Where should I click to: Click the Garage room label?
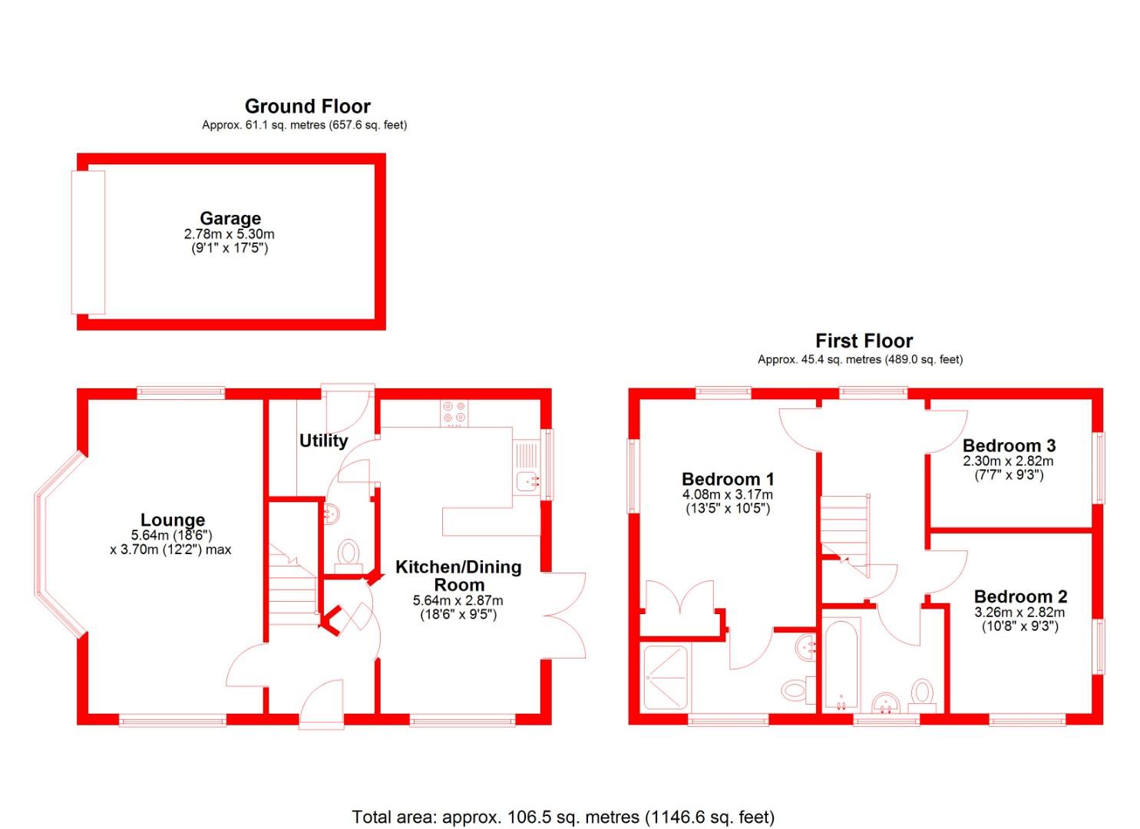click(230, 219)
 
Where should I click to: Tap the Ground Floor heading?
click(307, 107)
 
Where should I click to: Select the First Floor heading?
click(864, 341)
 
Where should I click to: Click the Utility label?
click(323, 441)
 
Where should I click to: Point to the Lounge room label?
click(173, 520)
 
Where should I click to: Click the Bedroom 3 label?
click(1009, 445)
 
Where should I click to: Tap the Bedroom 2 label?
click(1020, 596)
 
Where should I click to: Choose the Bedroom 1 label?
click(728, 480)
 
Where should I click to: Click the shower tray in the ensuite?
click(666, 678)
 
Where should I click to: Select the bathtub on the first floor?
click(841, 665)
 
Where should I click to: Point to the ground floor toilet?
click(348, 553)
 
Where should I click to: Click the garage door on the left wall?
click(88, 242)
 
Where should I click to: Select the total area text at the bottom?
click(563, 817)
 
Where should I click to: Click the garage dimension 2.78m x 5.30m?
click(229, 234)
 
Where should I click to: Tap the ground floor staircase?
click(292, 587)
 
